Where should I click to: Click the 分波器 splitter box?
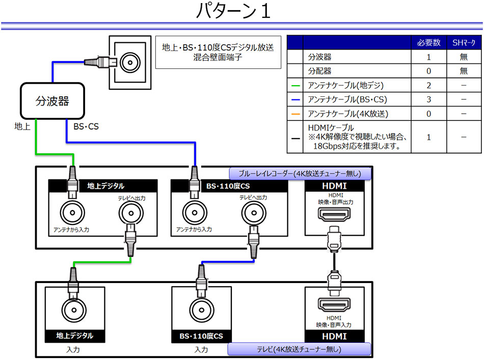coord(52,101)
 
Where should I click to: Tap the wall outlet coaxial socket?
coord(130,62)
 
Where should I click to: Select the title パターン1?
coord(234,11)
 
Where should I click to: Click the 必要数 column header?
coord(429,42)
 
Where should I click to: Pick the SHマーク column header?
coord(464,42)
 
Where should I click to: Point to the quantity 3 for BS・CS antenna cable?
coord(429,99)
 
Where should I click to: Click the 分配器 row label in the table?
coord(319,71)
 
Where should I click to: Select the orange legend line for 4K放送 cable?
coord(295,114)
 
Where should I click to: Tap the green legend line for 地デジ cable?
coord(295,86)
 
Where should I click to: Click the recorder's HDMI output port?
coord(334,214)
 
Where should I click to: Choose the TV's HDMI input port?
coord(334,304)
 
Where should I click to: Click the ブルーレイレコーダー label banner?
coord(300,174)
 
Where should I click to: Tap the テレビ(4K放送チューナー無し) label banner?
coord(299,349)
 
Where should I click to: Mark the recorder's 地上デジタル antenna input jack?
coord(72,213)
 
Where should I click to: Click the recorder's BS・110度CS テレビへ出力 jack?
coord(254,213)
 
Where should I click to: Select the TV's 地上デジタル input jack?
coord(74,310)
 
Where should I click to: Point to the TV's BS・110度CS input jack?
coord(202,310)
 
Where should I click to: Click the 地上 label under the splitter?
coord(22,126)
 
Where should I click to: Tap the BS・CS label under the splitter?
coord(86,126)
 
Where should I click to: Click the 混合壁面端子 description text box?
coord(218,52)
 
